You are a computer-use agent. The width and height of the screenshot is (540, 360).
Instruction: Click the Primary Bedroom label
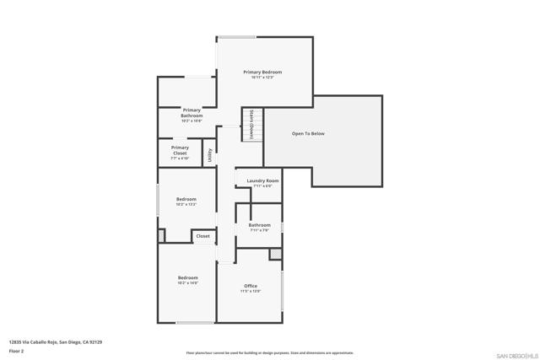coord(262,73)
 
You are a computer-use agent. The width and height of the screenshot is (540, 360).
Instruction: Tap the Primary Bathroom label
coord(192,113)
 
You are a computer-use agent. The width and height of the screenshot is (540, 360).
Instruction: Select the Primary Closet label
coord(180,151)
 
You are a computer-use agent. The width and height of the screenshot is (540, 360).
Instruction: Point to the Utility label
coord(210,155)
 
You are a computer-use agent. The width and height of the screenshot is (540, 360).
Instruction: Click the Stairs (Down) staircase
coord(252,125)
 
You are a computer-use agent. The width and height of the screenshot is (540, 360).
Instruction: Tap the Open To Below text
coord(308,133)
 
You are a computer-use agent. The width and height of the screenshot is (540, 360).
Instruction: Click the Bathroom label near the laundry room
coord(259,225)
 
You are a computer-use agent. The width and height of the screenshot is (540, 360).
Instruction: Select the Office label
coord(251,286)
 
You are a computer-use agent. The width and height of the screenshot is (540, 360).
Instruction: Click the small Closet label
coord(203,236)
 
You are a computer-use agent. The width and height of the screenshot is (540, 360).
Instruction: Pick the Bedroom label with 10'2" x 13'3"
coord(186,199)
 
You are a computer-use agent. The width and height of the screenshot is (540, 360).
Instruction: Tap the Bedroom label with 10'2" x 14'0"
coord(187,277)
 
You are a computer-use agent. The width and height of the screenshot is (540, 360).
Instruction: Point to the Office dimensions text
coord(251,292)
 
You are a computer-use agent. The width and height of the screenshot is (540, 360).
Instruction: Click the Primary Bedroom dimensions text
coord(262,78)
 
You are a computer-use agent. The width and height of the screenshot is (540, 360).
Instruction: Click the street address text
coord(56,341)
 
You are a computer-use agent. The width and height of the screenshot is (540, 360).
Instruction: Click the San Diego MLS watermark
coord(515,354)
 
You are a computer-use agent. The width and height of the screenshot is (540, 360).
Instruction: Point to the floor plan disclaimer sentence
coord(269,353)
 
